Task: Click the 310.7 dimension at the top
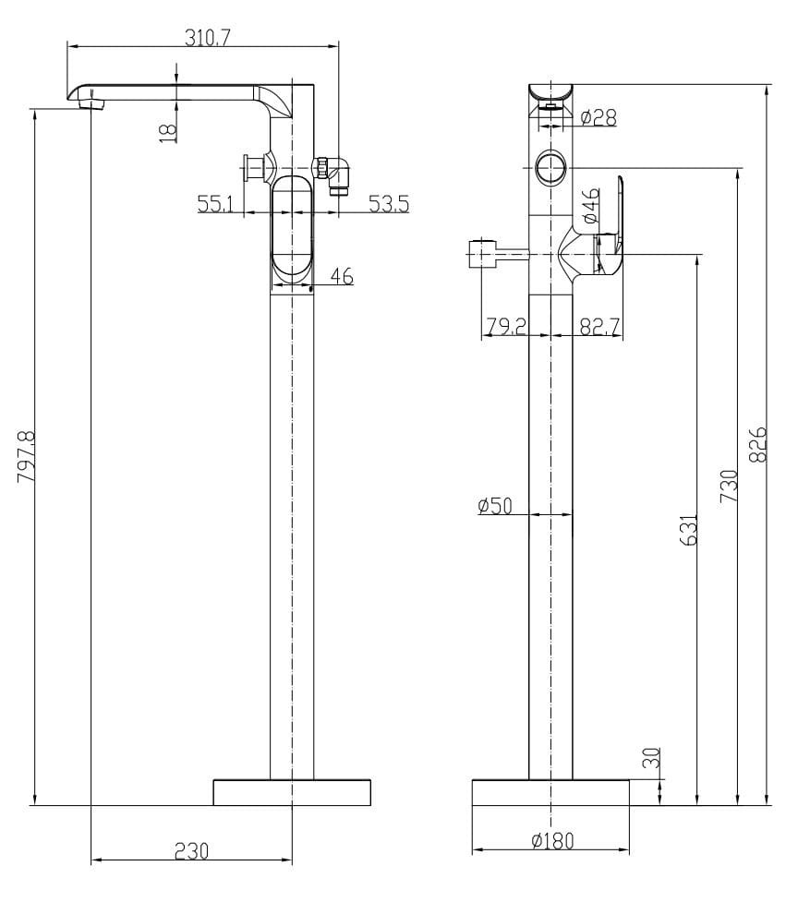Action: pos(207,38)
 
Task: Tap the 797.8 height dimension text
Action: pos(26,457)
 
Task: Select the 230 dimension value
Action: pos(191,851)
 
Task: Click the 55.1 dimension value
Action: pos(216,203)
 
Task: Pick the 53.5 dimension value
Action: pos(389,203)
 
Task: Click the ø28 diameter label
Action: pos(599,117)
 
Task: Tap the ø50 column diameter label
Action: pos(495,506)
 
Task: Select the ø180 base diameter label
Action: pos(553,841)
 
